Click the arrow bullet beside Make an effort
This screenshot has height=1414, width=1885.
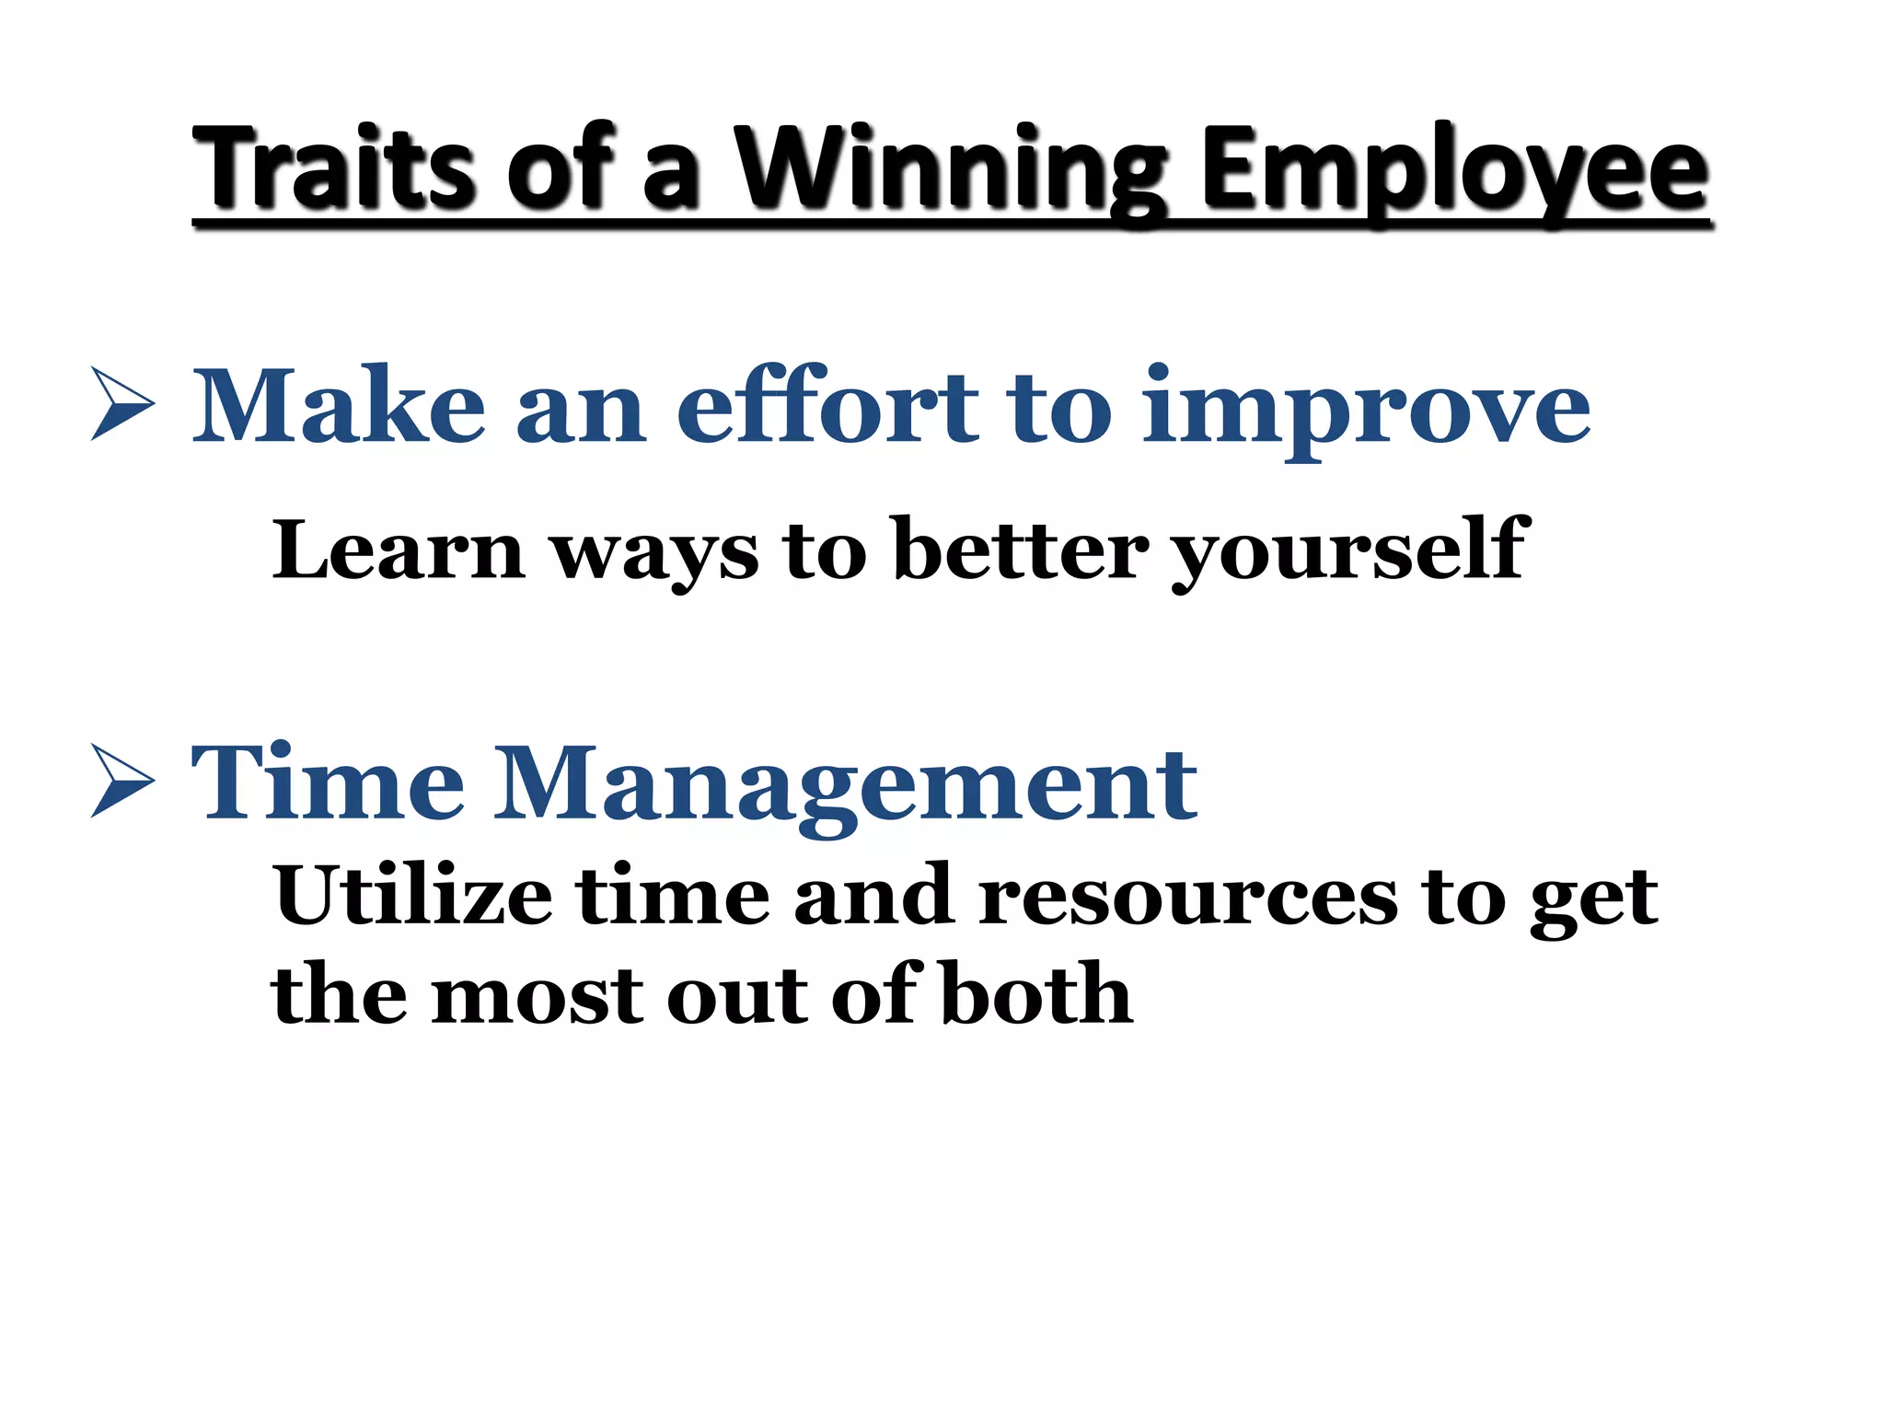pyautogui.click(x=122, y=403)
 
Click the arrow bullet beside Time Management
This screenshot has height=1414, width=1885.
pyautogui.click(x=122, y=781)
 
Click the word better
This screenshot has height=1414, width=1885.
pyautogui.click(x=1022, y=551)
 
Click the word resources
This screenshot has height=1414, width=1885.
pyautogui.click(x=1188, y=898)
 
